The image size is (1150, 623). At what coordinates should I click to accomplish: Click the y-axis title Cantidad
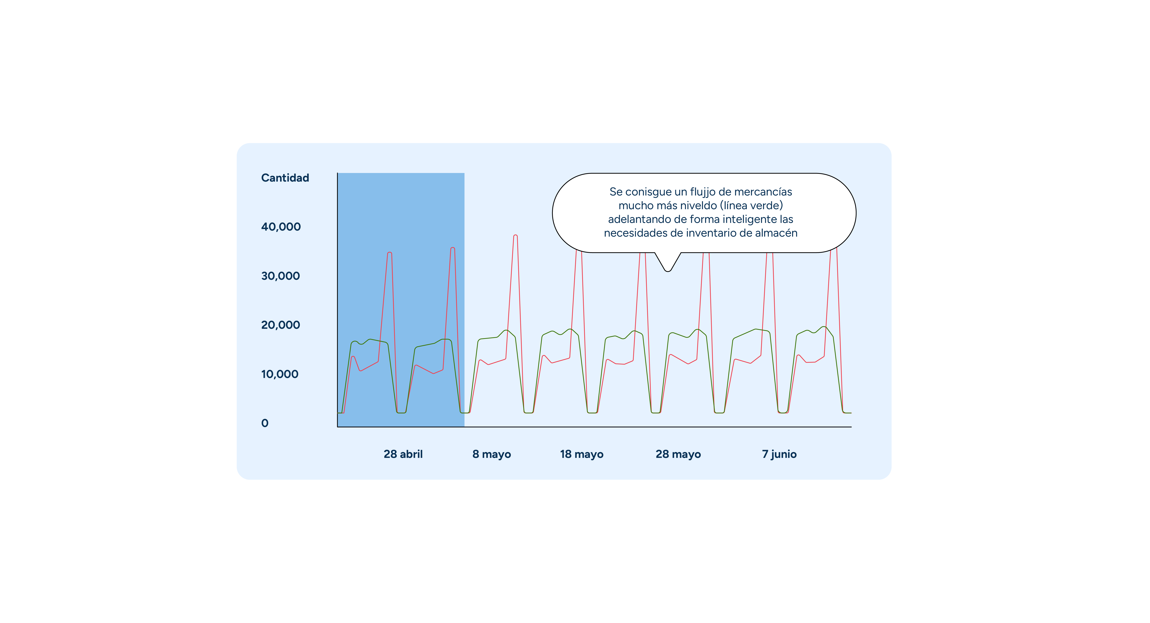(x=285, y=178)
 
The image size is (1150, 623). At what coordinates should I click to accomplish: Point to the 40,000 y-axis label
(x=281, y=227)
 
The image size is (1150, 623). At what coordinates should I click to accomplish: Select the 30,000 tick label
(x=280, y=276)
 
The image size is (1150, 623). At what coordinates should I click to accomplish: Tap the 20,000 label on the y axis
(x=280, y=325)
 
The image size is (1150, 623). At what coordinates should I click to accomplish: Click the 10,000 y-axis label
(x=280, y=374)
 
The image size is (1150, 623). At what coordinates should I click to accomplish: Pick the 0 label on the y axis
(x=265, y=423)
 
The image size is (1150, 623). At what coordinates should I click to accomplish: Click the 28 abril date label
(x=403, y=454)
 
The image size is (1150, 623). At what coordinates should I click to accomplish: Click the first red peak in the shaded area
(x=390, y=253)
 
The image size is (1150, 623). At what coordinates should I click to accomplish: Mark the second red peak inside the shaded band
(x=453, y=248)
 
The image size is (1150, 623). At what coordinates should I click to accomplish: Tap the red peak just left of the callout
(x=516, y=235)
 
